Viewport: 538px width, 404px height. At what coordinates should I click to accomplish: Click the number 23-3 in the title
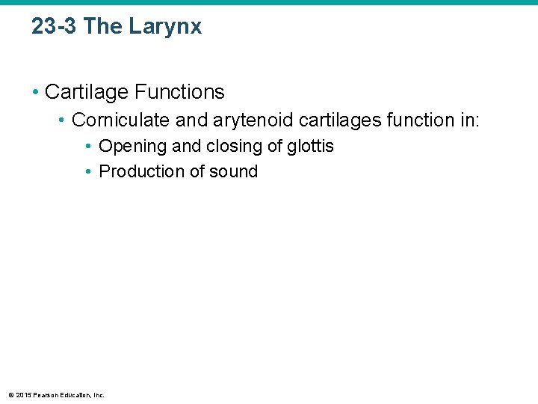pos(55,27)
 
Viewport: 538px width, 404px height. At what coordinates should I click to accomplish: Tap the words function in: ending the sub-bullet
pos(428,120)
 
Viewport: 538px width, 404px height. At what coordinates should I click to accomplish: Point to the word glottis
pos(310,147)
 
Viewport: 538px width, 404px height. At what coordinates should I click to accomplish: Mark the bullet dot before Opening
pos(89,147)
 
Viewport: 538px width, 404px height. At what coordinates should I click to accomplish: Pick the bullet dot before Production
pos(89,171)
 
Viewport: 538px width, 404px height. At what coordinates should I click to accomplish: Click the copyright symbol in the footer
pos(10,394)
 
